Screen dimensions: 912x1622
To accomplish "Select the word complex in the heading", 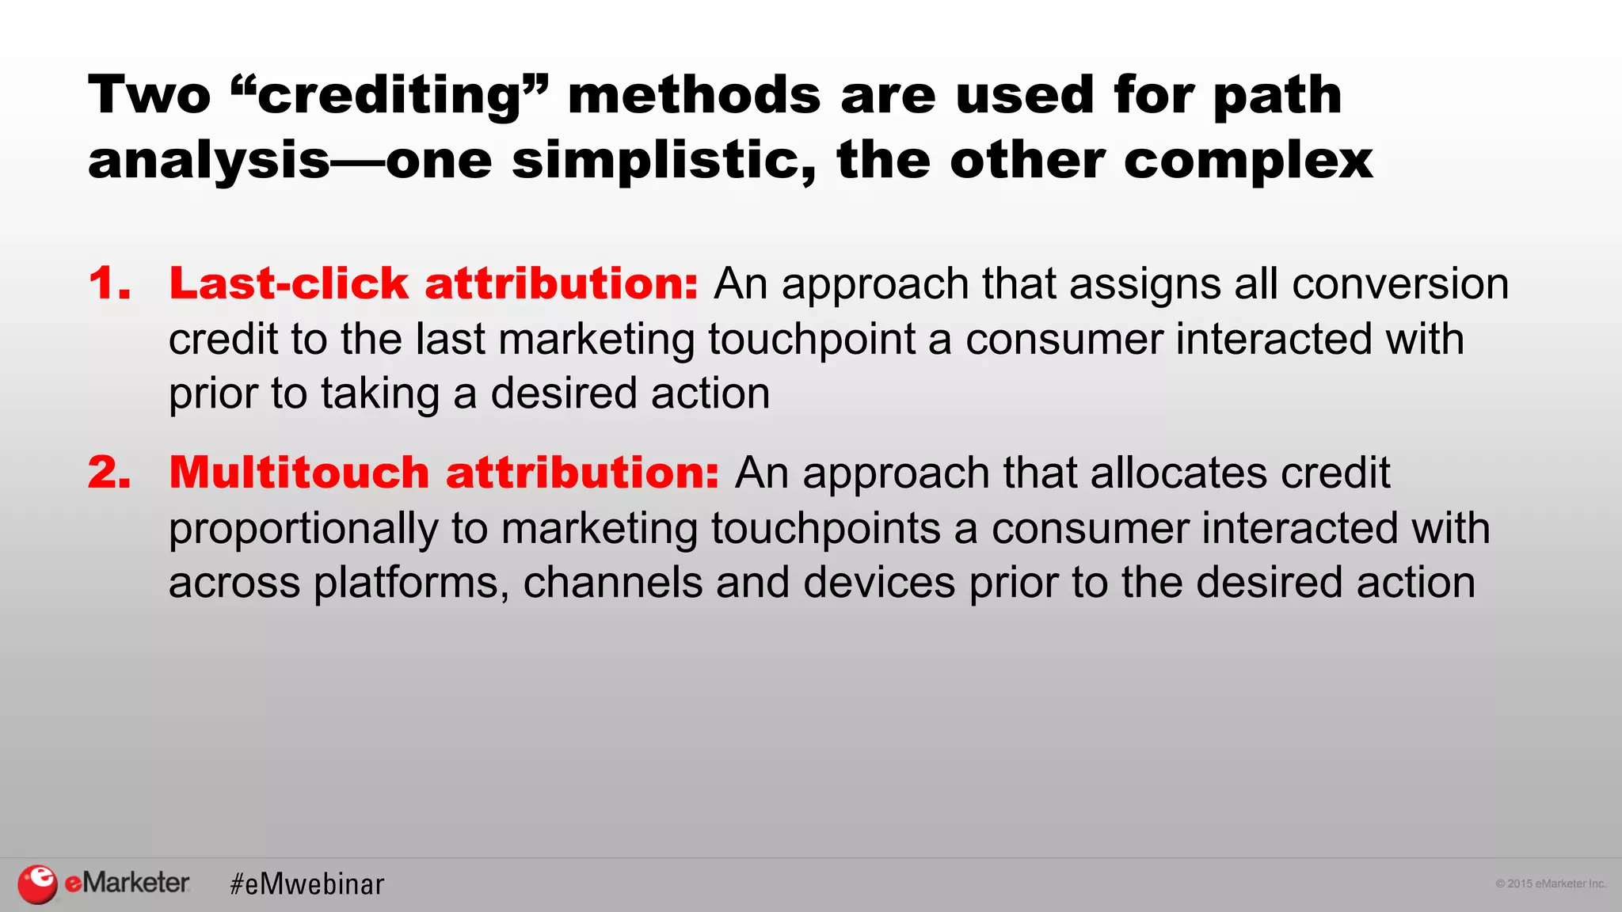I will (x=1247, y=161).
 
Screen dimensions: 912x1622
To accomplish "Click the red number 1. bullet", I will (x=109, y=283).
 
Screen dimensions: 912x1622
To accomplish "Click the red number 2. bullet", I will (x=109, y=473).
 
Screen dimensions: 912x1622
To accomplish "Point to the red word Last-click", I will (x=288, y=283).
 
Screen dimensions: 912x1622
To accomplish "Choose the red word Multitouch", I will (x=299, y=473).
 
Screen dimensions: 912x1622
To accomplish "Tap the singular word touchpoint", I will (x=811, y=339).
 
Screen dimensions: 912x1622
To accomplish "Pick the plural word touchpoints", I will (x=825, y=528).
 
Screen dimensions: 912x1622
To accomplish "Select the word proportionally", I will (x=303, y=528).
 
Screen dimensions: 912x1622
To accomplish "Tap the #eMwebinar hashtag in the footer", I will (x=307, y=884).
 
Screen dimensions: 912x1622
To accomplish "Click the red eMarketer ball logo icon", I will (x=37, y=883).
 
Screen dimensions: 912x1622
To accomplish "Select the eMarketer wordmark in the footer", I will (x=127, y=882).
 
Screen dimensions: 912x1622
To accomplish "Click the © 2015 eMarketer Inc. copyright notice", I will (x=1550, y=883).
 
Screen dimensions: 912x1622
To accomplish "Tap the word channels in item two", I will (x=612, y=583).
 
